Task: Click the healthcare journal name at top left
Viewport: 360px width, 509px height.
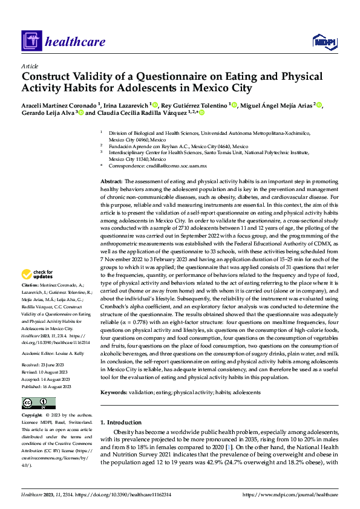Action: [x=75, y=42]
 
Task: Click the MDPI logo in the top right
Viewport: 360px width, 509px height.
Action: [x=324, y=41]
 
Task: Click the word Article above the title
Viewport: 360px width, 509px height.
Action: [x=30, y=65]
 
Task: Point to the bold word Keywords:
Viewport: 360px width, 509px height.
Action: [x=114, y=392]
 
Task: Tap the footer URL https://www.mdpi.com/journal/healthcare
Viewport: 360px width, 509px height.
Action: [x=290, y=495]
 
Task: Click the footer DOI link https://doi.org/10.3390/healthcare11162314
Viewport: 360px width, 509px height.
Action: [x=125, y=495]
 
